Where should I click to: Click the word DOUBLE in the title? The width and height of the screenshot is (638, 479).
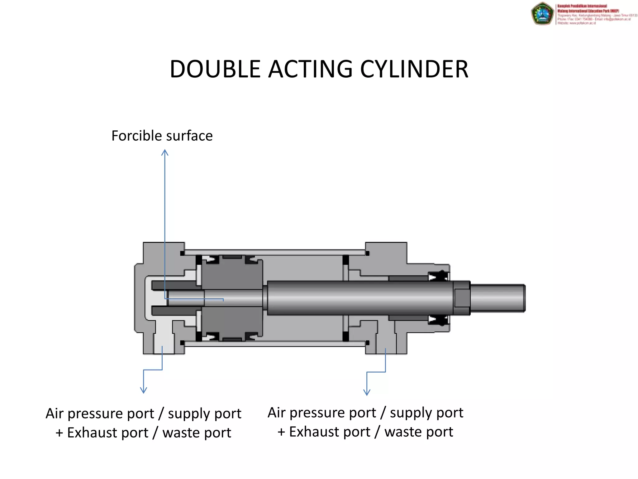tap(215, 69)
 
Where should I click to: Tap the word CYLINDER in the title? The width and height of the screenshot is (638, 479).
tap(414, 69)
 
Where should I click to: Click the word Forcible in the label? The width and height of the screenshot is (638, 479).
tap(137, 136)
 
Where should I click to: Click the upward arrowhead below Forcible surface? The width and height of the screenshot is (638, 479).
tap(165, 152)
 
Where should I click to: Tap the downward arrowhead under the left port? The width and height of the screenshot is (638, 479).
tap(144, 390)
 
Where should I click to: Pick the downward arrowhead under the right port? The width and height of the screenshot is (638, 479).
tap(367, 392)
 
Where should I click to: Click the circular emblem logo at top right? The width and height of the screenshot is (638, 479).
tap(542, 13)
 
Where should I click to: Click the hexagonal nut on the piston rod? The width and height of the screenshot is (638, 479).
tap(462, 298)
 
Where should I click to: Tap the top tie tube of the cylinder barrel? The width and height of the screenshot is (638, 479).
tap(274, 252)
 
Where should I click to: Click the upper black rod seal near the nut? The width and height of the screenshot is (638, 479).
tap(438, 276)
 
